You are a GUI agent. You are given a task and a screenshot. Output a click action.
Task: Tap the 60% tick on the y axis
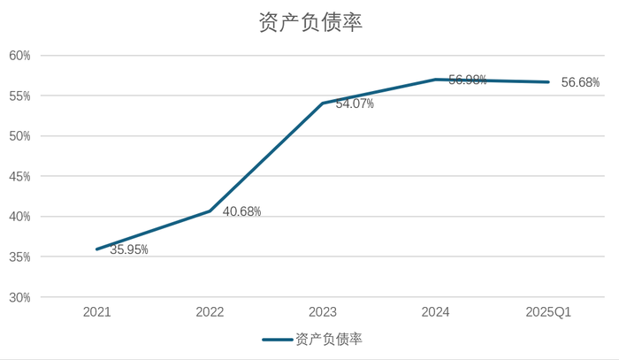[x=19, y=56]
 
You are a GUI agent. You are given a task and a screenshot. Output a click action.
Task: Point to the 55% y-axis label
[x=19, y=96]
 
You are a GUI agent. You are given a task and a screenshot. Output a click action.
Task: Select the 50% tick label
[x=19, y=136]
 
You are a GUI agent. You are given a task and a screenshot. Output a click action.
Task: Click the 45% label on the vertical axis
[x=19, y=177]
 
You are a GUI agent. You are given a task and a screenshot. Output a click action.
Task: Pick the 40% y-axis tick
[x=19, y=217]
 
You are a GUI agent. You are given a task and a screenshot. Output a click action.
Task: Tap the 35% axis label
[x=19, y=257]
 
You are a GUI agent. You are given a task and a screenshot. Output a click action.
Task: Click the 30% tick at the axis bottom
[x=19, y=298]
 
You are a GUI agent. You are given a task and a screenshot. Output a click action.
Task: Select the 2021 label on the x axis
[x=97, y=312]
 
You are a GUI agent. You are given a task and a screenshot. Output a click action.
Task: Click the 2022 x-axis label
[x=210, y=312]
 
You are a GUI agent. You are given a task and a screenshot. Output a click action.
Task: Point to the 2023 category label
[x=323, y=312]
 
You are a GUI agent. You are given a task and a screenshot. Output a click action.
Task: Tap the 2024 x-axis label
[x=436, y=312]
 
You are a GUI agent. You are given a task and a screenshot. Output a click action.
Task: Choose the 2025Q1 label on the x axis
[x=548, y=312]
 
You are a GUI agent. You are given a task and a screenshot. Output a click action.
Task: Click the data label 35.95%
[x=129, y=250]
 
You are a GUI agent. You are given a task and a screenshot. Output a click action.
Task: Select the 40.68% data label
[x=241, y=212]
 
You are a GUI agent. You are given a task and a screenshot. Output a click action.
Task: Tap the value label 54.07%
[x=355, y=104]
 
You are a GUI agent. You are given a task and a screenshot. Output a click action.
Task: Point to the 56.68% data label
[x=580, y=83]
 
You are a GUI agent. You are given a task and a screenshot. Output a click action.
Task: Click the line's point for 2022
[x=210, y=211]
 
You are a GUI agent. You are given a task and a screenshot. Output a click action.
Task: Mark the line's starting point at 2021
[x=97, y=249]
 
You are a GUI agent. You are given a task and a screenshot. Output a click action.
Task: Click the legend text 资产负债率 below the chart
[x=329, y=340]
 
